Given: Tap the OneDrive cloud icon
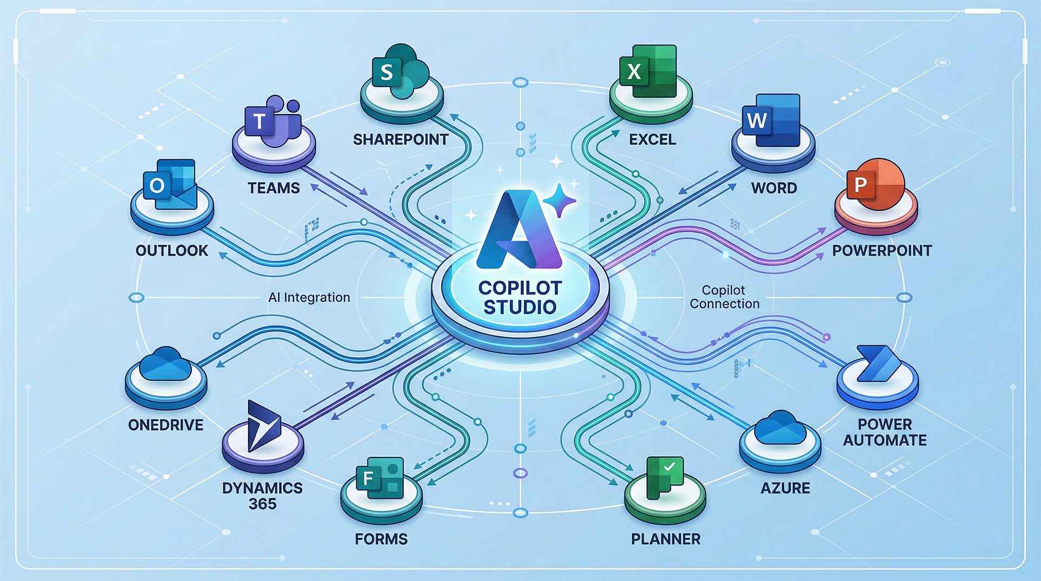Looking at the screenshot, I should coord(165,364).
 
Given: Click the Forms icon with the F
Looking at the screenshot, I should coord(380,478).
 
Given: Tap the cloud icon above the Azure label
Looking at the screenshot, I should coord(780,428).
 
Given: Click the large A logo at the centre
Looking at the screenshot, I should coord(519,230).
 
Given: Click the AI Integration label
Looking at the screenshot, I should coord(309,297).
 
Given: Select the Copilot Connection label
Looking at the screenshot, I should coord(724,297).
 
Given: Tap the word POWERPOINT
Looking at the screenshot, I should coord(882,251).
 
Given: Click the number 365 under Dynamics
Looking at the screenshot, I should coord(263,504).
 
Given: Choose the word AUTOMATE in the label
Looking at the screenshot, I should coord(885,440).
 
